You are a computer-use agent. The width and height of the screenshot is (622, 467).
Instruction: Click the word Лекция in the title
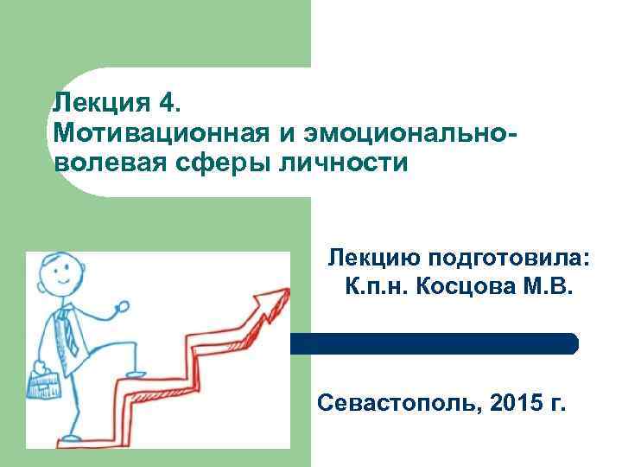[x=104, y=104]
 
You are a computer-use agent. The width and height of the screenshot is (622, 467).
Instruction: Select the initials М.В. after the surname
[x=548, y=286]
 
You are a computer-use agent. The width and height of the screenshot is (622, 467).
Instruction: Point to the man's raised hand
[x=122, y=306]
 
